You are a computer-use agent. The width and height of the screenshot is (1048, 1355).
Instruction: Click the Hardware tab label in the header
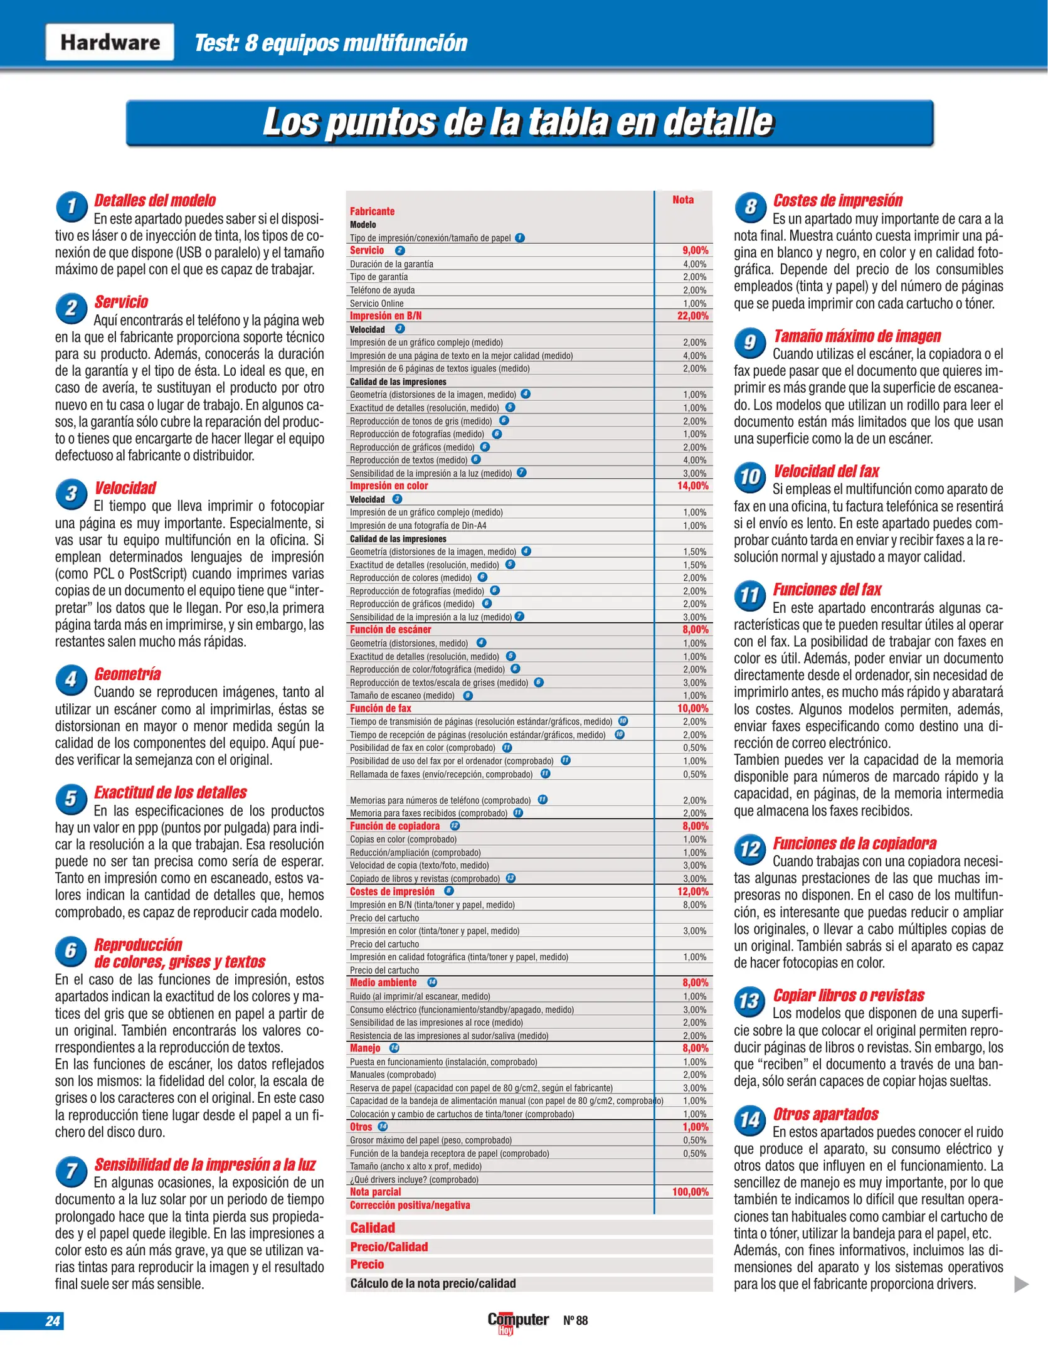pyautogui.click(x=110, y=42)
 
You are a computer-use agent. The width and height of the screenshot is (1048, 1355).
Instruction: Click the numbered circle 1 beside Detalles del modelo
pyautogui.click(x=71, y=206)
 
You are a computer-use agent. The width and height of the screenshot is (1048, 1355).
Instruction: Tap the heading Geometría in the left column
pyautogui.click(x=127, y=674)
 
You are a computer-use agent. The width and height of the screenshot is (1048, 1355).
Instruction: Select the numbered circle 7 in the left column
pyautogui.click(x=71, y=1171)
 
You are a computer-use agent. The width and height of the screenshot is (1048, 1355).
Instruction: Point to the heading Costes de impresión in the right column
pyautogui.click(x=837, y=201)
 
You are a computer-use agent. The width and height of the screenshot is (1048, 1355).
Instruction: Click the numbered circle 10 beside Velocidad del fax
pyautogui.click(x=750, y=477)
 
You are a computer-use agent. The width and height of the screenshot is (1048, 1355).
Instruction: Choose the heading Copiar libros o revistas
pyautogui.click(x=849, y=996)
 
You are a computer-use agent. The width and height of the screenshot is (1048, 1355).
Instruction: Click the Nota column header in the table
pyautogui.click(x=683, y=200)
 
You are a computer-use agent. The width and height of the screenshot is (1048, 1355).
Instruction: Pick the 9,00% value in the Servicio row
pyautogui.click(x=695, y=251)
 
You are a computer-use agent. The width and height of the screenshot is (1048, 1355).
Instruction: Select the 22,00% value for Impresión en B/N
pyautogui.click(x=692, y=316)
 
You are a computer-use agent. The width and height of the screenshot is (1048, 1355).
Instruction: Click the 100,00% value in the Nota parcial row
pyautogui.click(x=690, y=1192)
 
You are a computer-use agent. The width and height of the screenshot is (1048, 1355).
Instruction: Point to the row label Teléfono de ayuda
pyautogui.click(x=382, y=290)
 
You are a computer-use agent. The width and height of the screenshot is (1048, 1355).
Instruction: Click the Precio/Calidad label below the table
pyautogui.click(x=389, y=1247)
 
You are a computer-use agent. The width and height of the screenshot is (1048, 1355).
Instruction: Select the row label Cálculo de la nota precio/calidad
pyautogui.click(x=433, y=1283)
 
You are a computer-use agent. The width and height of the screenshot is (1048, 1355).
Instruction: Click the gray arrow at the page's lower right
pyautogui.click(x=1021, y=1284)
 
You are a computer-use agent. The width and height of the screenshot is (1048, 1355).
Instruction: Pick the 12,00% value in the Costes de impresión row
pyautogui.click(x=692, y=892)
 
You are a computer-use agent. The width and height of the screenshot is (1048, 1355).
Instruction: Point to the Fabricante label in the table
pyautogui.click(x=372, y=211)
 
